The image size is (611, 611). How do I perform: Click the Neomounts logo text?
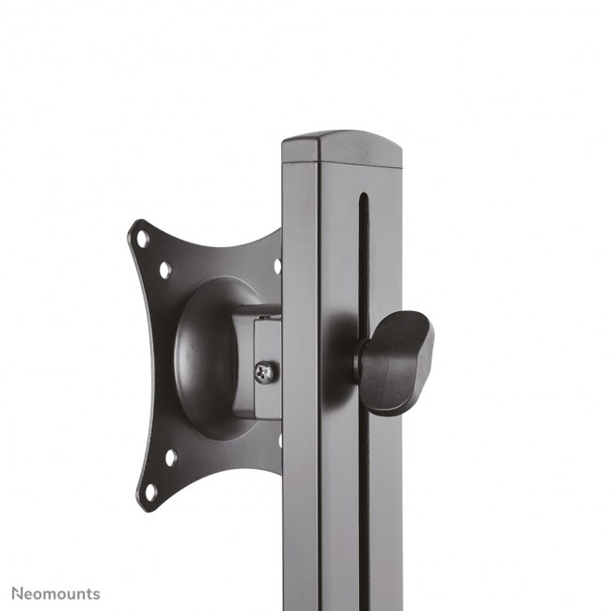click(x=55, y=593)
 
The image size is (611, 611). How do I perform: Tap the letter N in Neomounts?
click(x=17, y=593)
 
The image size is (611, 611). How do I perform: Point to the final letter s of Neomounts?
click(x=96, y=594)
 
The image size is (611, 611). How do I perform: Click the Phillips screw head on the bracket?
click(x=266, y=372)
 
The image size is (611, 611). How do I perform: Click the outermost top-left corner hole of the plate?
click(x=143, y=239)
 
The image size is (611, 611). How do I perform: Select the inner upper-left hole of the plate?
click(x=165, y=270)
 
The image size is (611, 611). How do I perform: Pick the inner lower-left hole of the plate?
click(x=170, y=458)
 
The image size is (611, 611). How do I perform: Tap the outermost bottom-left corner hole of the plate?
click(x=149, y=492)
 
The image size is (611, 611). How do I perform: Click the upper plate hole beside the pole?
click(x=277, y=266)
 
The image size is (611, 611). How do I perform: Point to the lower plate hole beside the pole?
click(x=279, y=440)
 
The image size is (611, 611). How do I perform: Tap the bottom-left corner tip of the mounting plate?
click(x=142, y=509)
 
